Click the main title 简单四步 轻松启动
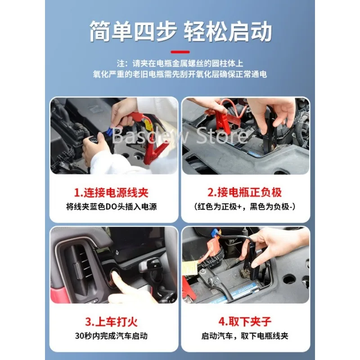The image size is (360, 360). [x=180, y=31]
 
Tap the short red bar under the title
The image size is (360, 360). [x=180, y=52]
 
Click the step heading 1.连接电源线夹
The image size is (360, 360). [x=111, y=193]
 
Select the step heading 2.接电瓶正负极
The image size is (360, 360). [x=244, y=193]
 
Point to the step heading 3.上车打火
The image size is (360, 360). [x=111, y=322]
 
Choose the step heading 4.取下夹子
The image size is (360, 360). [x=245, y=322]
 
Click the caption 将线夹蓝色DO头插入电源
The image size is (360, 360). [x=111, y=207]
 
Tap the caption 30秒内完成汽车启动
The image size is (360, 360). [x=111, y=336]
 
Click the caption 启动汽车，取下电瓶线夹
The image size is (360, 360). [x=245, y=336]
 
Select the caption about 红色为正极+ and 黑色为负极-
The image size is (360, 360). [x=245, y=207]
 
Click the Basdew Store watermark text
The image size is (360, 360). [x=180, y=136]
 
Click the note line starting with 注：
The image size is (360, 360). [x=180, y=63]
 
